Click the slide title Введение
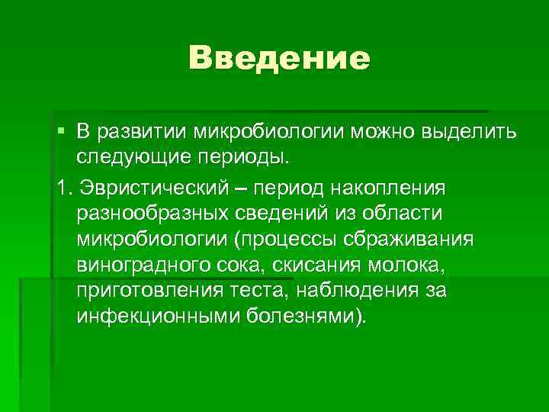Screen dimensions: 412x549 point(279,57)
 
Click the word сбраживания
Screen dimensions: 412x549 point(417,240)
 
